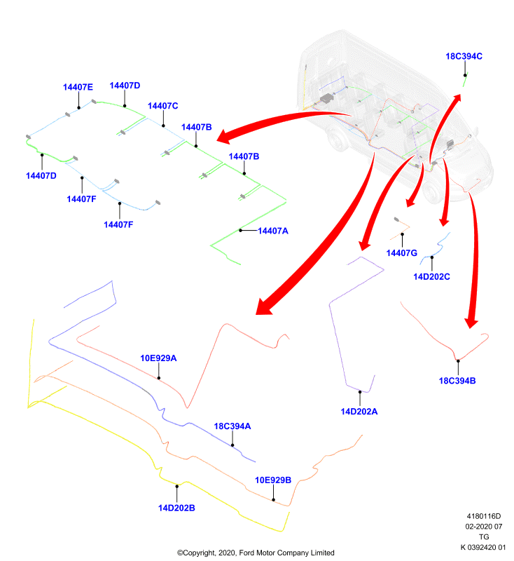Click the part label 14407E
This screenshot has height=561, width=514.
(x=78, y=87)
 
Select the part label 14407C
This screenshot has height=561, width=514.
(x=163, y=106)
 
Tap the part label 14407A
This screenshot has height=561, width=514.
(x=273, y=231)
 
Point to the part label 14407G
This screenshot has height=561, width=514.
(x=401, y=253)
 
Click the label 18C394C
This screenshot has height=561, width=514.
(x=464, y=57)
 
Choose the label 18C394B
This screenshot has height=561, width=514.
(x=457, y=381)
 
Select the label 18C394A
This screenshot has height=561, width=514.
(x=232, y=426)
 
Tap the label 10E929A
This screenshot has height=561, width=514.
(x=158, y=358)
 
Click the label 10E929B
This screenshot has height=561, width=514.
(x=273, y=480)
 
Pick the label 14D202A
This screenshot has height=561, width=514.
(x=359, y=412)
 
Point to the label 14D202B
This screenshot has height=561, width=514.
(x=176, y=508)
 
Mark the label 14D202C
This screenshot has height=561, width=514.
(x=431, y=276)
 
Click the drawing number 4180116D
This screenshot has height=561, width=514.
(x=484, y=516)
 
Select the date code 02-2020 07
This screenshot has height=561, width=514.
(x=484, y=527)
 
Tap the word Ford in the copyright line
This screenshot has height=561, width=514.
(x=246, y=553)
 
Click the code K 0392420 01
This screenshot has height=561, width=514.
(x=483, y=548)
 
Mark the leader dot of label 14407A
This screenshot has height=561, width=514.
(x=240, y=231)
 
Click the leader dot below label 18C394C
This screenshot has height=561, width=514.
(x=465, y=75)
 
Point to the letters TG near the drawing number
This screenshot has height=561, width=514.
(x=484, y=537)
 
